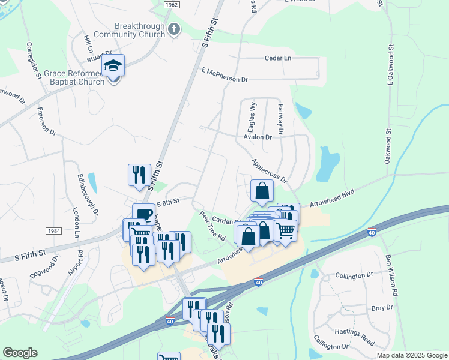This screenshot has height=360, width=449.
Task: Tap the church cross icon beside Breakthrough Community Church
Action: (174, 29)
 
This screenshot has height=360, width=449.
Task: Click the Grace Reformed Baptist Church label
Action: (74, 77)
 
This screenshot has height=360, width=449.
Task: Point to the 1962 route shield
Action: (172, 4)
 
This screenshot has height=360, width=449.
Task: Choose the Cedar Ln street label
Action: (277, 58)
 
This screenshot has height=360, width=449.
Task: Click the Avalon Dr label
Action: (258, 137)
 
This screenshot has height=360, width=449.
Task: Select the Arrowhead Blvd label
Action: (332, 199)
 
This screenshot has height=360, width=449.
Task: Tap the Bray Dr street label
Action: (381, 307)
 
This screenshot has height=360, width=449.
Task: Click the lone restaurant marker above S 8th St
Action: (139, 175)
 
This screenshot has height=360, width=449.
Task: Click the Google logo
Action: (20, 353)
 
